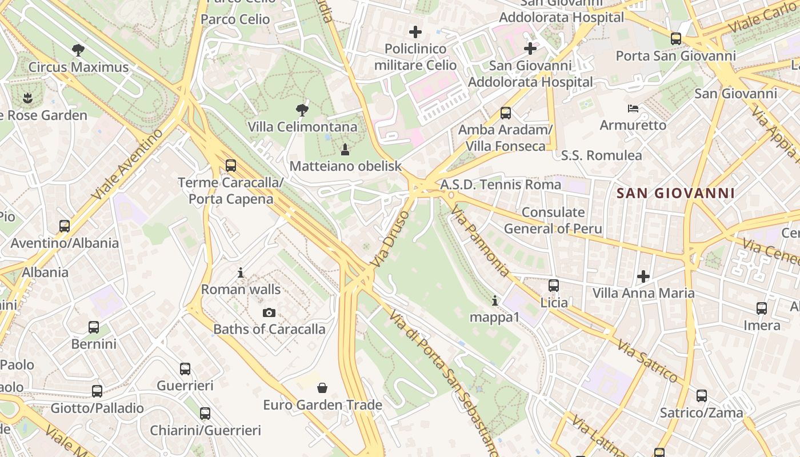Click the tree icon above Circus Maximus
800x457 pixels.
coord(78,50)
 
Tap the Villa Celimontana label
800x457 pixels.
coord(302,127)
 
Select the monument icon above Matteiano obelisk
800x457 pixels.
coord(345,150)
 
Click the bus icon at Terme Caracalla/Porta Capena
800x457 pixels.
coord(231,166)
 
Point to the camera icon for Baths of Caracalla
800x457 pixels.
coord(269,312)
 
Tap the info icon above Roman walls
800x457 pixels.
coord(241,273)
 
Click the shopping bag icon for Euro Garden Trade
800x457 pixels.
coord(322,388)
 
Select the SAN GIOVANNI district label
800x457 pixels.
coord(676,193)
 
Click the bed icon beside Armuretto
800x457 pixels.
coord(633,109)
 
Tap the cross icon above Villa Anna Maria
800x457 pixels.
coord(643,277)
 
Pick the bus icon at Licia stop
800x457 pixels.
coord(554,286)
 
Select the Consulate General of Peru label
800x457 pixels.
coord(553,221)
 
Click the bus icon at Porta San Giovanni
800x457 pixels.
coord(676,39)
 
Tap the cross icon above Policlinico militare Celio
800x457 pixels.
coord(415,32)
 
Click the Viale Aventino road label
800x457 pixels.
coord(126,165)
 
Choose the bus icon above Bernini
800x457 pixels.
coord(94,327)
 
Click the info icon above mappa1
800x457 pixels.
coord(495,300)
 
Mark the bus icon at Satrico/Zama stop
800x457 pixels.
coord(702,396)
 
